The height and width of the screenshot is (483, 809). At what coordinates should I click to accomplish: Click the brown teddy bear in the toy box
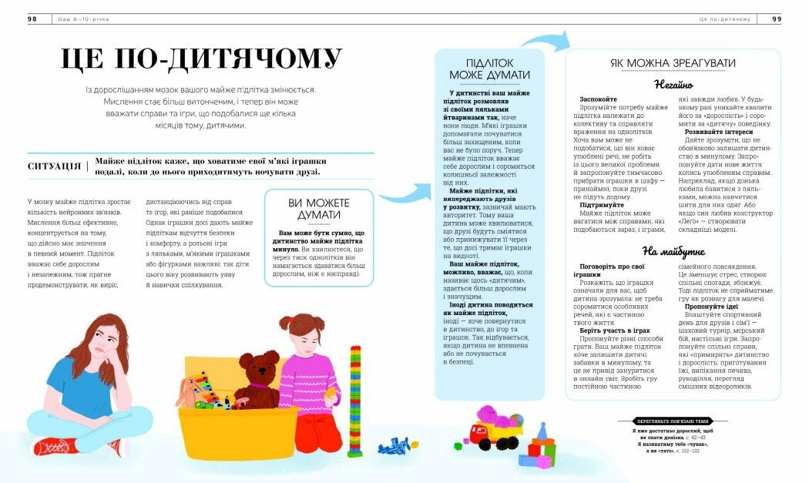click(259, 377)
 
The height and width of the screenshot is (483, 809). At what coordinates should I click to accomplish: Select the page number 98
click(32, 18)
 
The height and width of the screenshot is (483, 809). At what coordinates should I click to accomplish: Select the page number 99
click(776, 18)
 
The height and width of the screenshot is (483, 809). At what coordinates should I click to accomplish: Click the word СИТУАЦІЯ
click(54, 166)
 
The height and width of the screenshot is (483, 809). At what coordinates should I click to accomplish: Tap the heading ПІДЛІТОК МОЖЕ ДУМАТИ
click(489, 69)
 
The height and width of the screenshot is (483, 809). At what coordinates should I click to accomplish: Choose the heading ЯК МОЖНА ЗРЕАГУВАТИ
click(663, 63)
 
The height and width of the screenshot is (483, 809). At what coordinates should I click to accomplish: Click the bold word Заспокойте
click(598, 99)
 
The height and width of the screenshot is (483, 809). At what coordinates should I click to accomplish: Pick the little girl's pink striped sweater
click(307, 377)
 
